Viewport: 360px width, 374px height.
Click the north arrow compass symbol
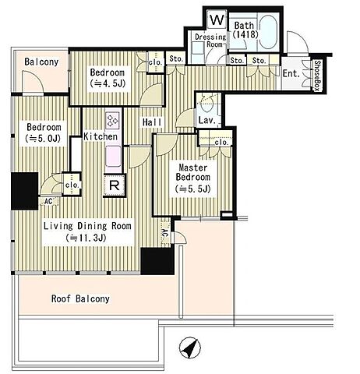tap(190, 348)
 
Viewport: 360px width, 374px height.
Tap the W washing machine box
tap(217, 19)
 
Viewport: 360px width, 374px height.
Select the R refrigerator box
tap(115, 185)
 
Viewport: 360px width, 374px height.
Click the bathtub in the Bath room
tap(268, 32)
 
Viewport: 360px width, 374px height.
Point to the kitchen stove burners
tap(113, 120)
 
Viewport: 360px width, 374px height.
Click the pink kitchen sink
tap(113, 156)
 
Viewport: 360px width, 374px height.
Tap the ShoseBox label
tap(317, 76)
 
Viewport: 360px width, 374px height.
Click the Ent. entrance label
tap(291, 73)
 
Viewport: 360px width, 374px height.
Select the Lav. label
tap(207, 120)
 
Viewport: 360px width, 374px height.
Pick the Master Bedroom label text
tap(193, 172)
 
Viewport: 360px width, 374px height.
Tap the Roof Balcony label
tap(80, 298)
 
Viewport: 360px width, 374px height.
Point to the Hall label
tap(152, 122)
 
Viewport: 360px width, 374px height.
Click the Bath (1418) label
tap(245, 30)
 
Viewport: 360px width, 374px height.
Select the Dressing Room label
tap(210, 41)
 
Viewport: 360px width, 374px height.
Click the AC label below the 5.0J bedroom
tap(48, 201)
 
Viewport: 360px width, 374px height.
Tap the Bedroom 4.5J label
tap(108, 78)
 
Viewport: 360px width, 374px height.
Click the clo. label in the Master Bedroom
tap(221, 143)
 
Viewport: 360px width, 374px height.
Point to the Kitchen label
tap(101, 136)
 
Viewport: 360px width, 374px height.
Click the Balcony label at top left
tap(41, 62)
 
